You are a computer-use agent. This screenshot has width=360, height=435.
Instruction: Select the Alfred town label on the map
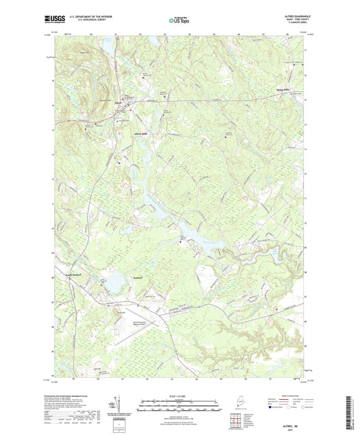[x=118, y=103]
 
